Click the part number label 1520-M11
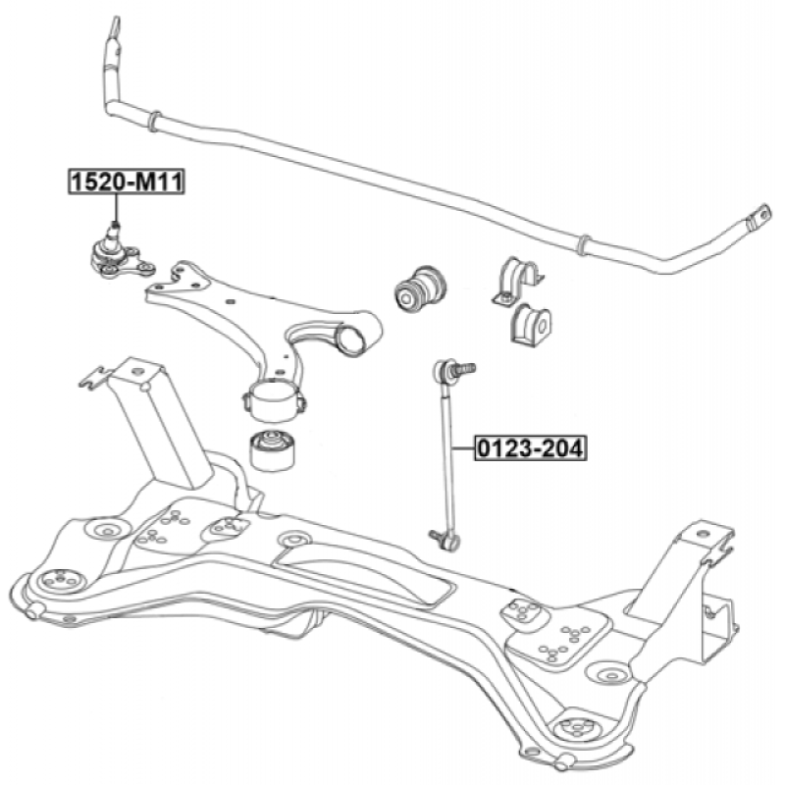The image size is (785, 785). [125, 182]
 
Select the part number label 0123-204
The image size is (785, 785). [530, 448]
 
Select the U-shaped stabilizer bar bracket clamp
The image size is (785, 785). [517, 280]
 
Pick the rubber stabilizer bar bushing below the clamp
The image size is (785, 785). [531, 323]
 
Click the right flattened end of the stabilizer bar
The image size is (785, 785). [758, 219]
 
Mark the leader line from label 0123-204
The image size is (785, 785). [463, 448]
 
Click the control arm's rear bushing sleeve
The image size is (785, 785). [274, 400]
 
